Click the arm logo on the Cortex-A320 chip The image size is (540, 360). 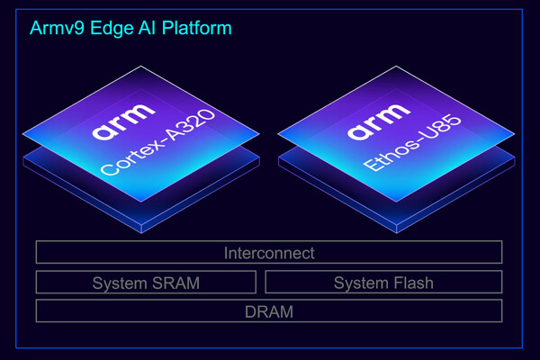[116, 132]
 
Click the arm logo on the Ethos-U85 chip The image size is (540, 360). [372, 133]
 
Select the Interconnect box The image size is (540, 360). [269, 253]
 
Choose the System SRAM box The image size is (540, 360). [146, 283]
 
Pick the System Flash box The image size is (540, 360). [383, 283]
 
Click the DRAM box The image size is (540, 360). [269, 311]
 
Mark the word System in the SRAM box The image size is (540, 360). [121, 283]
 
